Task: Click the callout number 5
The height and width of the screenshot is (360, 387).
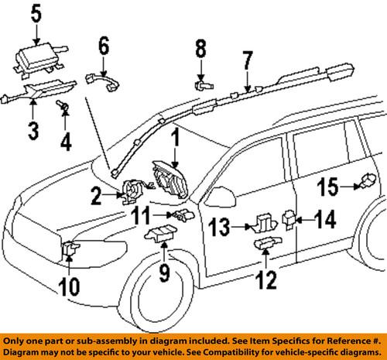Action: click(x=36, y=12)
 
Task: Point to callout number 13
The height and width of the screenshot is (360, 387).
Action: click(x=218, y=227)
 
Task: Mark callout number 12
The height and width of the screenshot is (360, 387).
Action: click(x=265, y=280)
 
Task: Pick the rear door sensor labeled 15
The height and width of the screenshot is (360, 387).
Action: click(x=361, y=184)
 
